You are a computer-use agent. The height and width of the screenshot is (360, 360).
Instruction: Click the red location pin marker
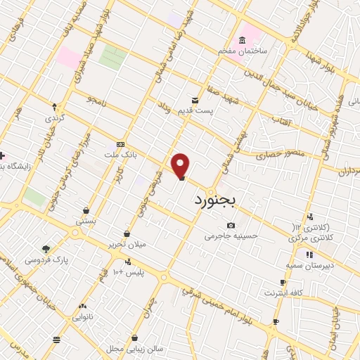click(x=181, y=166)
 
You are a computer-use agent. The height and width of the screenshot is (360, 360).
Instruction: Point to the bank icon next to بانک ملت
click(x=120, y=144)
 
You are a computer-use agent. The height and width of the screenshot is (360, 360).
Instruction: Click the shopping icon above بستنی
click(x=86, y=210)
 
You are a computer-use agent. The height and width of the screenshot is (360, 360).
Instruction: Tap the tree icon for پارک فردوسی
click(x=46, y=250)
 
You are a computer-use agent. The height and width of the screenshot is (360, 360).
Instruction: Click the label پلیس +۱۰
click(x=129, y=272)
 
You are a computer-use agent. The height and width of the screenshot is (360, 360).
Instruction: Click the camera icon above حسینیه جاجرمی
click(x=231, y=226)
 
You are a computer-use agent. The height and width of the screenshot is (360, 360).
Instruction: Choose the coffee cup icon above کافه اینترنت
click(x=283, y=283)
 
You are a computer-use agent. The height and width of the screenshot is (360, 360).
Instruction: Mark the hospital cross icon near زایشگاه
click(x=2, y=155)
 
